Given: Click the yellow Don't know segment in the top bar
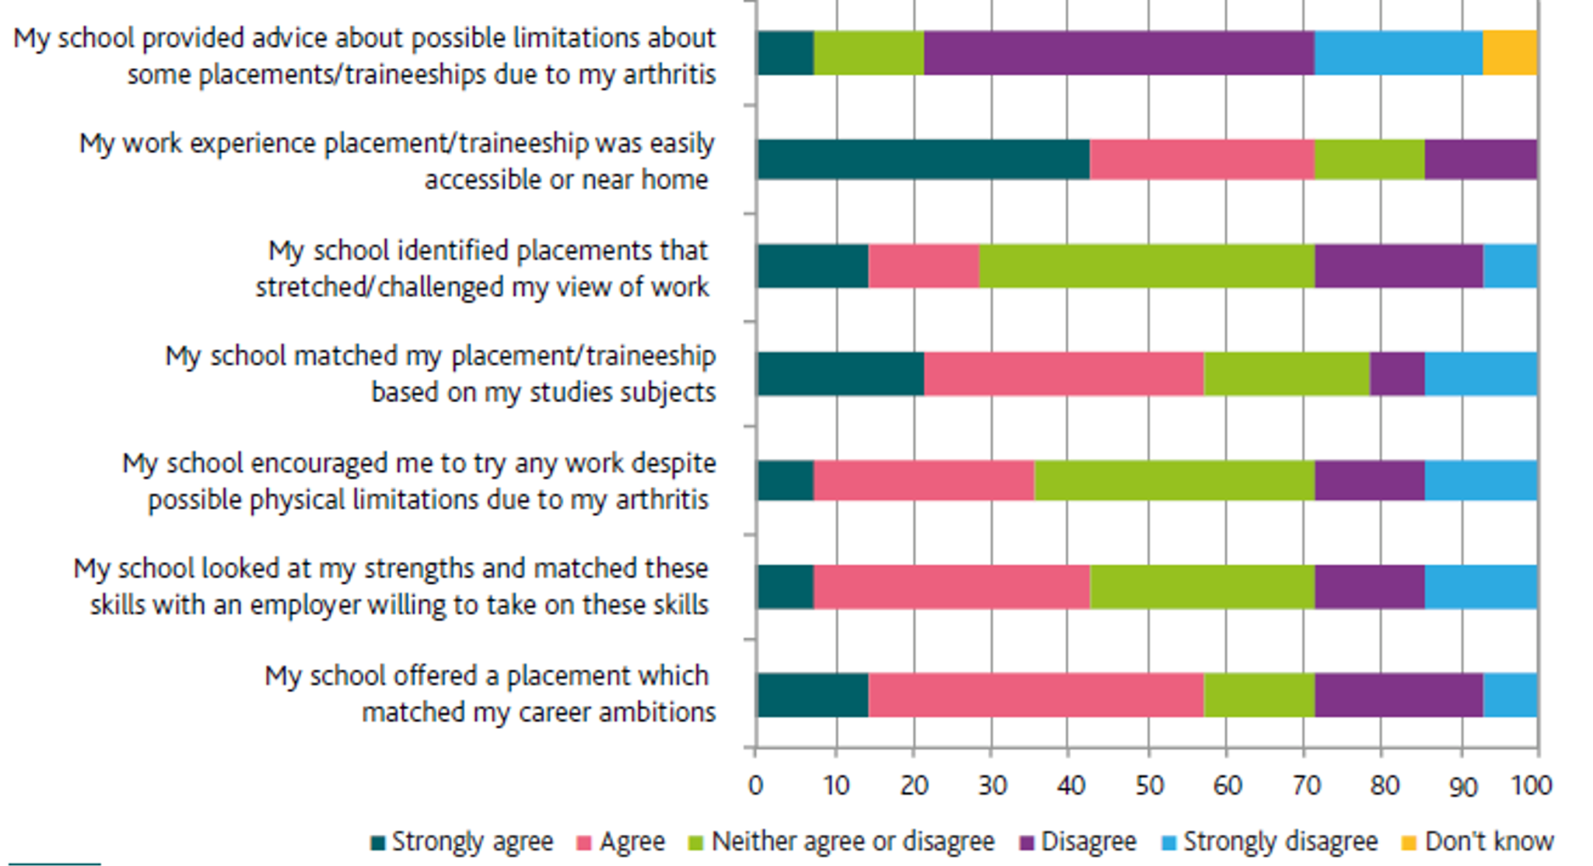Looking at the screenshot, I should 1510,53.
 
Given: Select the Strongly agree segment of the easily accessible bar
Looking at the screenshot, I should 923,159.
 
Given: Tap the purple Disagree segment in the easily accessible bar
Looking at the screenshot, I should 1480,159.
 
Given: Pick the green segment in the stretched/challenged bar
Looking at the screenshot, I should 1147,266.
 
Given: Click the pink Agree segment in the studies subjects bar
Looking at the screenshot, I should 1063,374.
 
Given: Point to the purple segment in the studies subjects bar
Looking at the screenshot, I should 1397,374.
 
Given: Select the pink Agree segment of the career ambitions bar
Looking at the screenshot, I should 1035,695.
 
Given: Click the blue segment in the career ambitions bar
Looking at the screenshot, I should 1510,695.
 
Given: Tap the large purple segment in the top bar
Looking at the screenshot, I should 1119,53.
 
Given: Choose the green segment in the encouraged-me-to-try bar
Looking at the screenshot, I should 1175,480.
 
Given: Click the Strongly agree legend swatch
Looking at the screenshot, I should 379,843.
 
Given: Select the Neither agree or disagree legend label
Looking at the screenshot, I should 853,841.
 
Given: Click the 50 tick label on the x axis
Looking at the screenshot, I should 1149,785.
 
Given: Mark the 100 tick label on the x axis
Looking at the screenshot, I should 1532,785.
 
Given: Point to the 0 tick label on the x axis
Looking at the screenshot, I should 755,785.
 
